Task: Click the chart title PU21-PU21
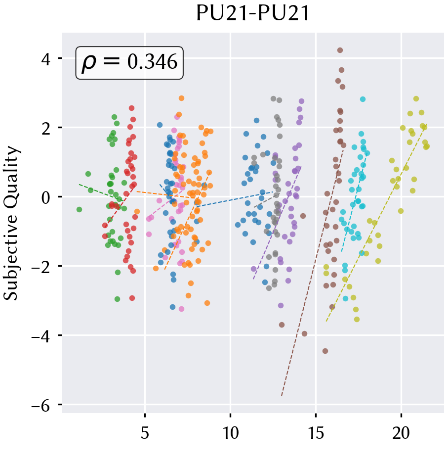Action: tap(253, 13)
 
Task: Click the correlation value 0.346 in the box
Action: tap(153, 62)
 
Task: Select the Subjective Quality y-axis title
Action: tap(11, 223)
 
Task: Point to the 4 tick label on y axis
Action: tap(46, 59)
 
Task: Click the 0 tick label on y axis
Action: tap(46, 198)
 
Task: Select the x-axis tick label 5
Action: tap(145, 433)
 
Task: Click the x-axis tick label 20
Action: tap(401, 433)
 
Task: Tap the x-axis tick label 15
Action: tap(316, 433)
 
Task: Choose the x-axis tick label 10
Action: tap(231, 433)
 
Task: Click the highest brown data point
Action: tap(340, 50)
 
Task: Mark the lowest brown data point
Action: tap(325, 351)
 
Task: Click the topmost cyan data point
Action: tap(363, 99)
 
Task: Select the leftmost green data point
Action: tap(79, 210)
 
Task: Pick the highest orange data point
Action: tap(181, 98)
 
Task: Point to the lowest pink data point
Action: tap(181, 309)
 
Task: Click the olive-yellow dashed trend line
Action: tap(376, 223)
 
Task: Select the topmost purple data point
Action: tap(301, 101)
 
